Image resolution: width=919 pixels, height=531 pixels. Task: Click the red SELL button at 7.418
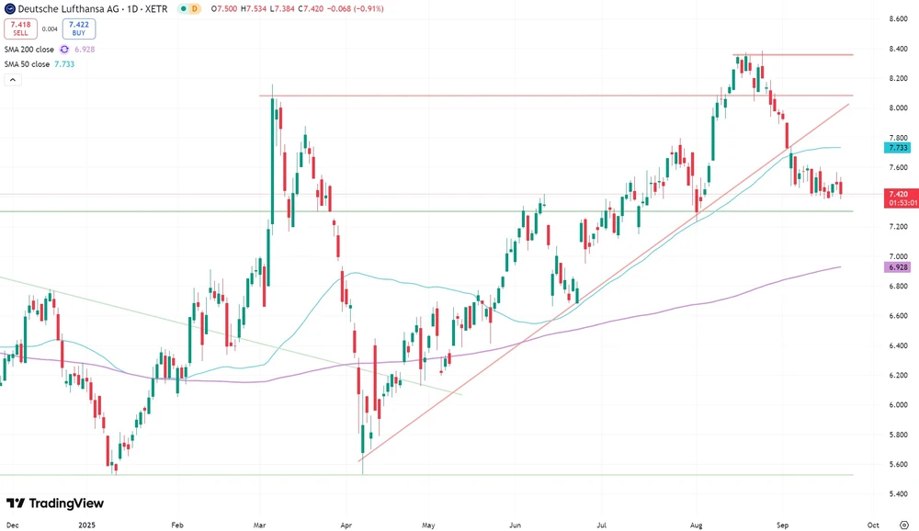click(20, 29)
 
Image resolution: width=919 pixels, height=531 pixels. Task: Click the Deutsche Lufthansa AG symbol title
click(88, 8)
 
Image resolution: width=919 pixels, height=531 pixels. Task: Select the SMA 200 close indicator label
click(29, 49)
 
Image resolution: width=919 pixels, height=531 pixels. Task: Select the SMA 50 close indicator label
click(28, 64)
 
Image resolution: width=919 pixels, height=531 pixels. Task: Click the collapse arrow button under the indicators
click(13, 80)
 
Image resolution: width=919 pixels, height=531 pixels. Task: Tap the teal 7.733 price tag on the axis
click(897, 147)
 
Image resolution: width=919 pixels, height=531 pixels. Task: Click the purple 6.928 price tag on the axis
click(897, 266)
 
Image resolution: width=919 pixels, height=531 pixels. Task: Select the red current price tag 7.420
click(897, 195)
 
